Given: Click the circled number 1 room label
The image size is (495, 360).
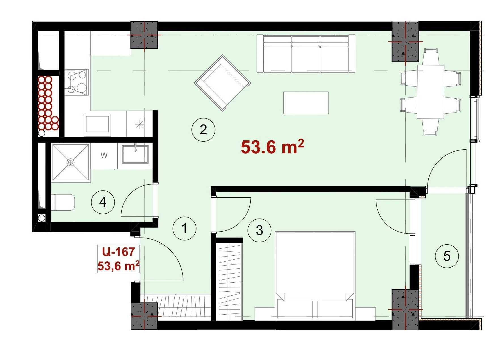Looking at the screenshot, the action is point(185,228).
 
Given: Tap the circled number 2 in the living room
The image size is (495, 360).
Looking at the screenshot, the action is point(203,130).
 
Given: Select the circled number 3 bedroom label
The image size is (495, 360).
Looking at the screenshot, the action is point(259,230).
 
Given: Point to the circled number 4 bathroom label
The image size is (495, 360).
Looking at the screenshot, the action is point(103,202).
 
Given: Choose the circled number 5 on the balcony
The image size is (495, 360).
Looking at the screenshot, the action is point(447,256).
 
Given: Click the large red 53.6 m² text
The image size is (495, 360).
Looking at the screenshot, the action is point(272,147).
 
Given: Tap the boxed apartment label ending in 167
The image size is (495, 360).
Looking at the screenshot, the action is point(119,259).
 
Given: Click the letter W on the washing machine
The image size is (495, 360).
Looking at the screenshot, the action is point(104,155).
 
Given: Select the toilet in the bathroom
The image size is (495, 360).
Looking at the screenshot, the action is point(64,202).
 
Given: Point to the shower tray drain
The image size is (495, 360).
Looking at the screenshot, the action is point(71,162).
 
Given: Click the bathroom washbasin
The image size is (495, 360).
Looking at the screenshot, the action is point(135,154).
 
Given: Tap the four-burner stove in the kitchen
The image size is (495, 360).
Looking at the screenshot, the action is point(76,82).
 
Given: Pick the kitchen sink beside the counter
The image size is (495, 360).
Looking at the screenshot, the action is point(97,123).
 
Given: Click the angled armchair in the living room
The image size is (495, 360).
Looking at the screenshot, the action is point(223,83).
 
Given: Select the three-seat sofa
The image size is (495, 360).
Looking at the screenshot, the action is point(306,54).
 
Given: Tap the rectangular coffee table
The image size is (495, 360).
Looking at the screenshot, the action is point(306,103).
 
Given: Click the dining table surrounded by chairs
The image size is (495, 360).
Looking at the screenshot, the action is point(430,92).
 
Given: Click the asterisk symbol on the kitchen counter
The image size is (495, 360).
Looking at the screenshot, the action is point(139,124).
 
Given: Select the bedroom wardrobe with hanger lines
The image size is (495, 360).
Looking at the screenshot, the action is point(229,282).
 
